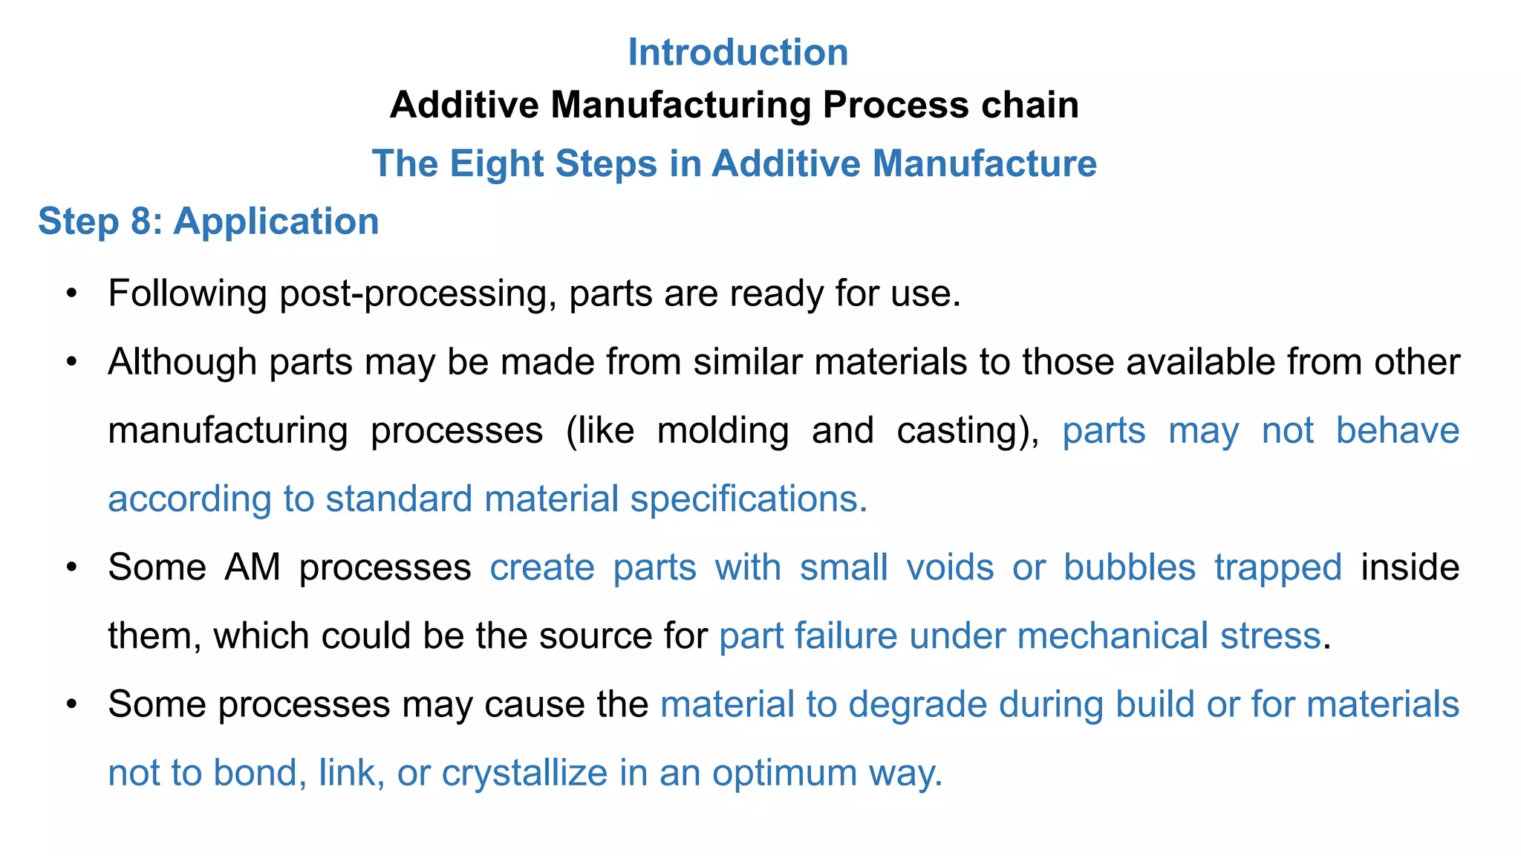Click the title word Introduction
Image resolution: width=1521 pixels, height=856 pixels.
pyautogui.click(x=737, y=53)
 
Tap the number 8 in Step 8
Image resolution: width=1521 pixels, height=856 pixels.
pyautogui.click(x=141, y=221)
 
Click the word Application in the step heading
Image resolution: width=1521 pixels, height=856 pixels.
pyautogui.click(x=276, y=221)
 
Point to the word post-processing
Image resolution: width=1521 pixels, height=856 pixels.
pyautogui.click(x=417, y=294)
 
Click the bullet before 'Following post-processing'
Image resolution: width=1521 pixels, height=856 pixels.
pyautogui.click(x=71, y=294)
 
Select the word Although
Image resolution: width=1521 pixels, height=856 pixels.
pyautogui.click(x=182, y=363)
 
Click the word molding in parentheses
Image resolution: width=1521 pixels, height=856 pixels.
pyautogui.click(x=723, y=431)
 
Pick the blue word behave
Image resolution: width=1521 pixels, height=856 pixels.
pyautogui.click(x=1397, y=431)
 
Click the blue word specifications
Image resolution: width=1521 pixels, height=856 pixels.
pyautogui.click(x=749, y=499)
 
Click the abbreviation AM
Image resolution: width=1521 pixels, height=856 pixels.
pyautogui.click(x=253, y=568)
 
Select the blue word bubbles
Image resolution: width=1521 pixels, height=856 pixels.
pyautogui.click(x=1129, y=568)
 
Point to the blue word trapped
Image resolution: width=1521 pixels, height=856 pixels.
pyautogui.click(x=1277, y=568)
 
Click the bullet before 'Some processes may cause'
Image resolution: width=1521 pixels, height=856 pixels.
pyautogui.click(x=71, y=704)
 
